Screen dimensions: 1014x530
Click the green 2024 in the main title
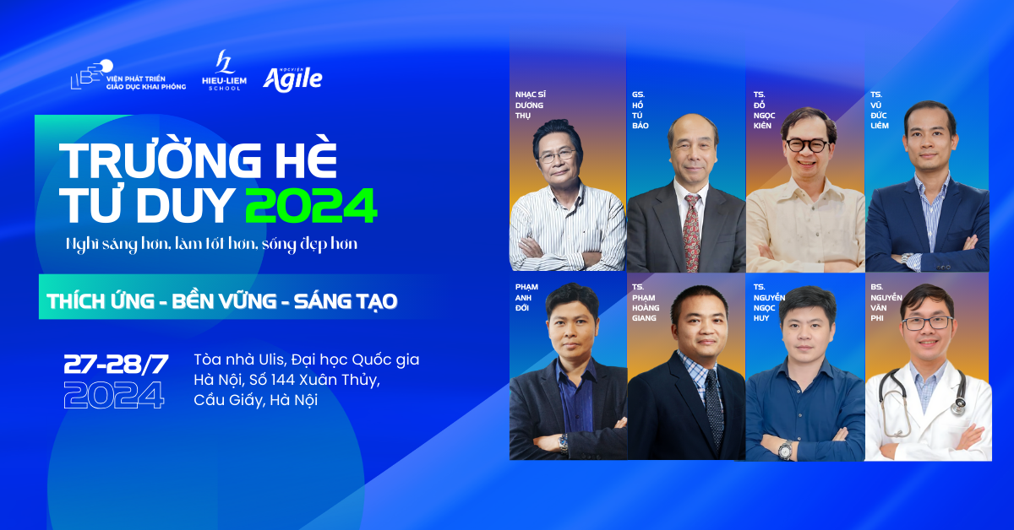[x=311, y=205]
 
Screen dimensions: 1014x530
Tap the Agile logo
[x=292, y=79]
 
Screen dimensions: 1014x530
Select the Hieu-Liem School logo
[x=224, y=70]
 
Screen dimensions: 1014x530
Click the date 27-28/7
[x=116, y=364]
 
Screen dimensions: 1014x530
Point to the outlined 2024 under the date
[x=114, y=395]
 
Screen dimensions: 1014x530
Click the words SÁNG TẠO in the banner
[x=346, y=301]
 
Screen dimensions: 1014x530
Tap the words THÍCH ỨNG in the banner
[x=101, y=301]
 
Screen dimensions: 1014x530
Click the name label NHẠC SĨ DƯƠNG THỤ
[x=530, y=105]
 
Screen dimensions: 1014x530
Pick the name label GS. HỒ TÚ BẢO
[x=641, y=110]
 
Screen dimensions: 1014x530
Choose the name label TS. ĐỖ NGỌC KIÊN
[x=764, y=110]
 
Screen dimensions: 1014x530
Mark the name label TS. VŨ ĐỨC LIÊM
[x=879, y=110]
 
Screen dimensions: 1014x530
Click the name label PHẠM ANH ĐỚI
[x=526, y=297]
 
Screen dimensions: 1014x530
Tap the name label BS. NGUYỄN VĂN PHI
[x=886, y=302]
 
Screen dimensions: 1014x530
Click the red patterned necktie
[x=691, y=232]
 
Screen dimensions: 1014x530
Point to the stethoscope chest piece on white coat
[x=958, y=407]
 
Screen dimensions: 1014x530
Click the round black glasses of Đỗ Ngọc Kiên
[x=807, y=145]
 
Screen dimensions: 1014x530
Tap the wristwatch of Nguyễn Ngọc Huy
[x=785, y=450]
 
